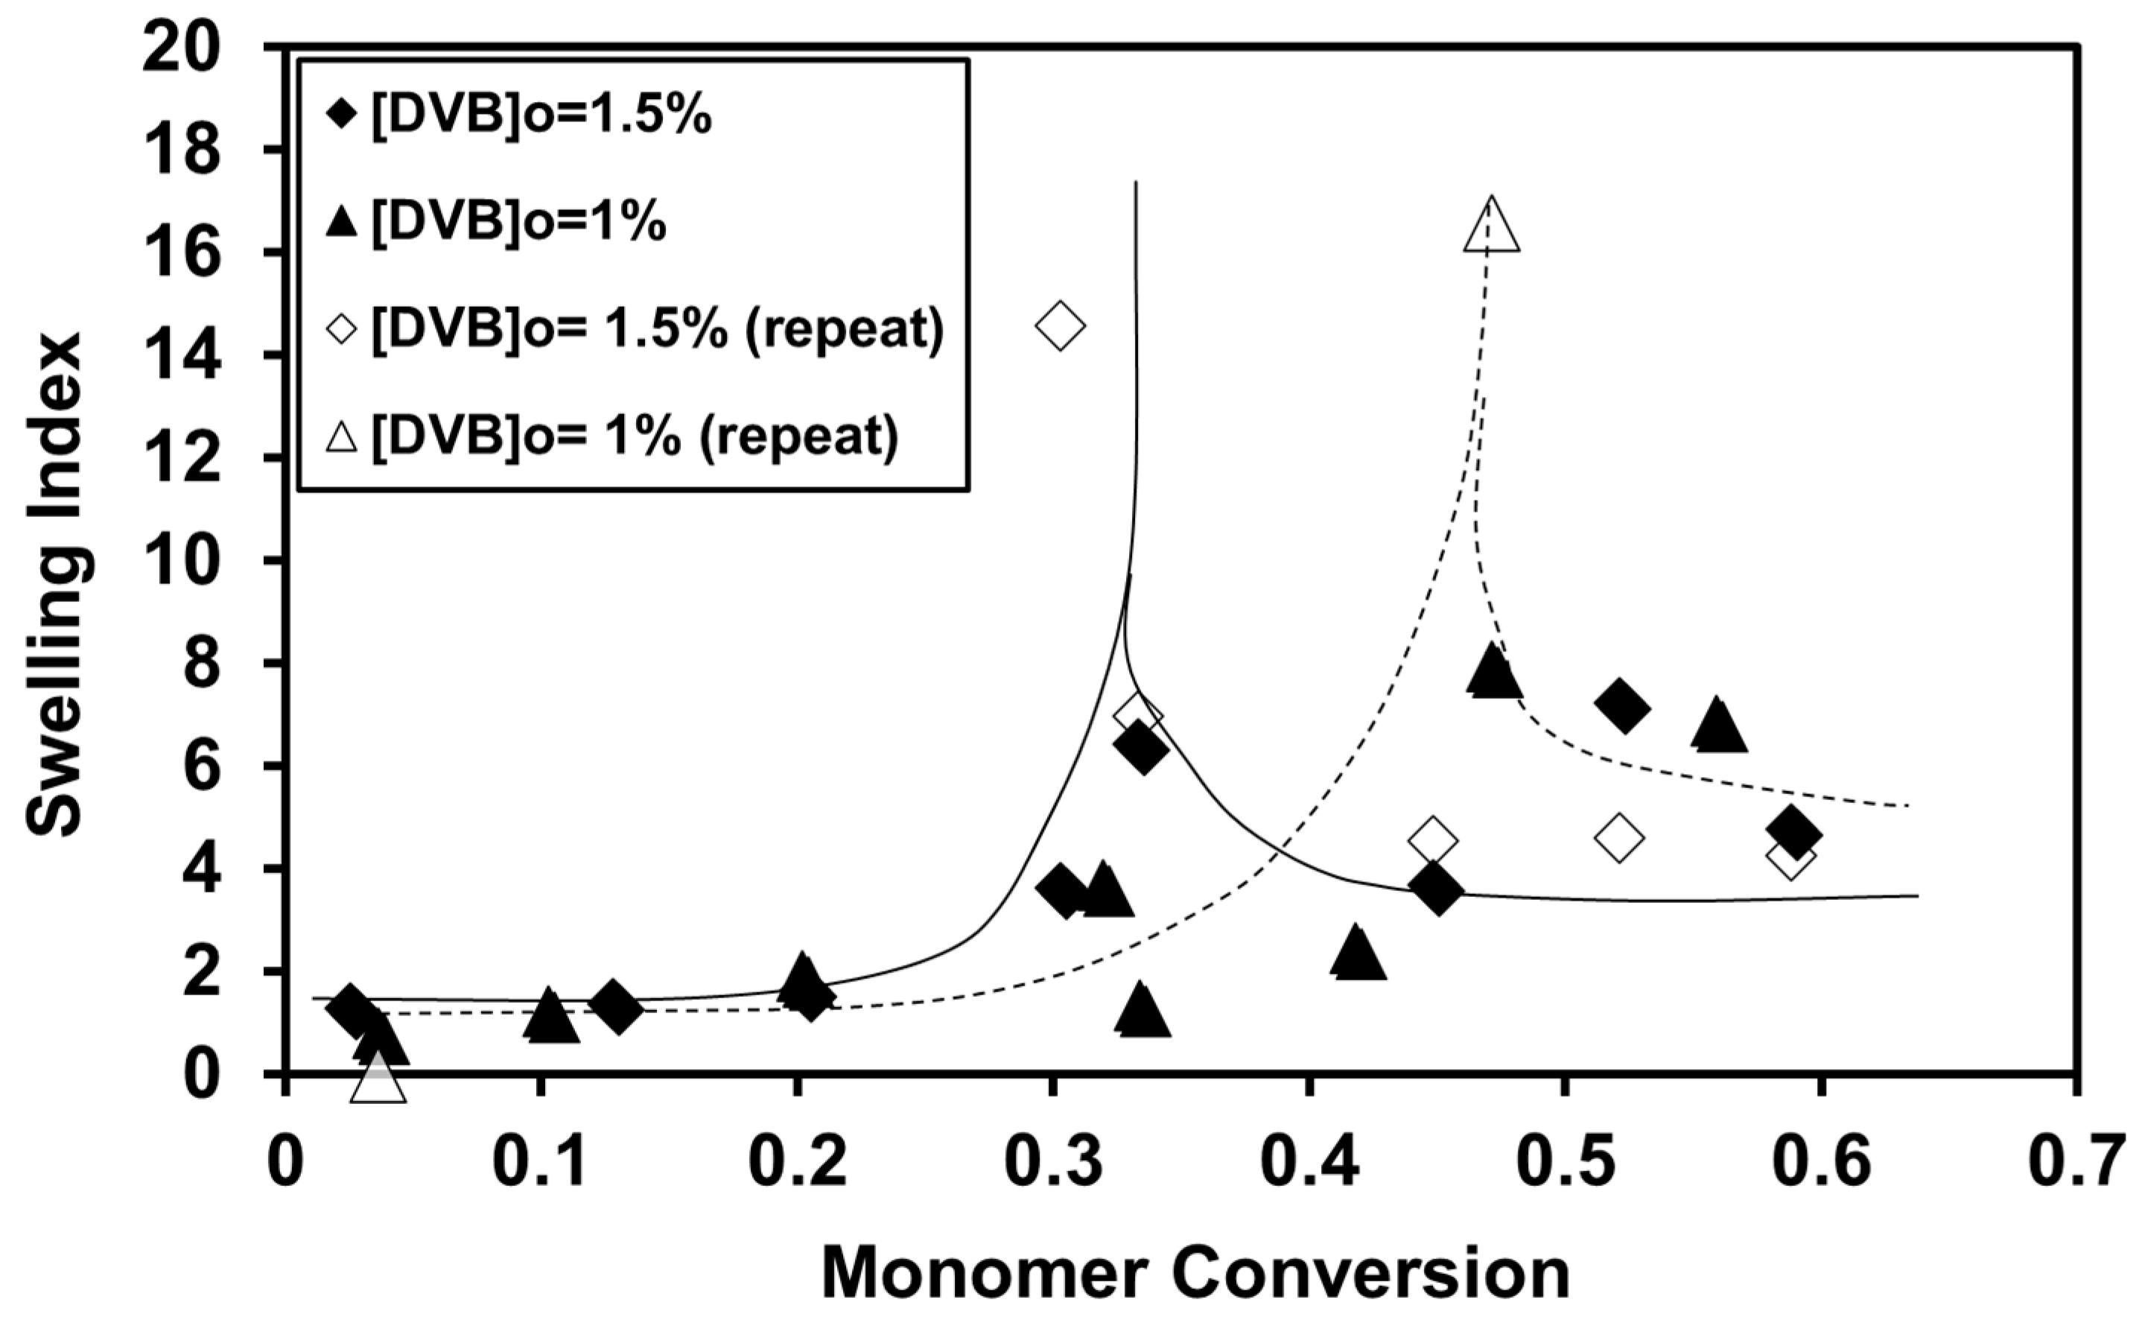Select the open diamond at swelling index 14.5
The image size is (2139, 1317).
click(x=1060, y=326)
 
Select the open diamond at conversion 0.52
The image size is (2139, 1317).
click(x=1618, y=838)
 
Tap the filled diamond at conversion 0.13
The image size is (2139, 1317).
click(x=617, y=1007)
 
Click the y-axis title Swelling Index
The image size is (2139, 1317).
click(x=54, y=583)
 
